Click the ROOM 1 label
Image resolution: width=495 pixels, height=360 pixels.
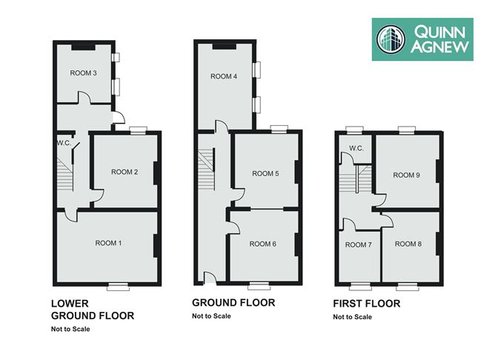(108, 243)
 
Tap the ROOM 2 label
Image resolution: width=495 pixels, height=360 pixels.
(124, 172)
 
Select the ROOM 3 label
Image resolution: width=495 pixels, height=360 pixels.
(83, 73)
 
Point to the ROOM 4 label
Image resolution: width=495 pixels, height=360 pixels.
(224, 76)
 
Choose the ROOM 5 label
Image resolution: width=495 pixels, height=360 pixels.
(265, 173)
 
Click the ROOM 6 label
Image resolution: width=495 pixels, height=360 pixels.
(262, 244)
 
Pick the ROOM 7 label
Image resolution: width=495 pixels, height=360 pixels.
(359, 245)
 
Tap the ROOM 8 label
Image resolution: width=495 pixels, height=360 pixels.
(408, 244)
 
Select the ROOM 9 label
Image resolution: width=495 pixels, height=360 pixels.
(406, 175)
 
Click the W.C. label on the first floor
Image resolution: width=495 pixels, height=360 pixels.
(356, 148)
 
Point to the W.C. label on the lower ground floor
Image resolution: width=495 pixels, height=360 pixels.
(64, 143)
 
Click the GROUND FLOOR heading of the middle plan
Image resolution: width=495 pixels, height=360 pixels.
(233, 302)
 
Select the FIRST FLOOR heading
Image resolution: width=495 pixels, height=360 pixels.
(367, 304)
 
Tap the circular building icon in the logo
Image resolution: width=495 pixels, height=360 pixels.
(391, 39)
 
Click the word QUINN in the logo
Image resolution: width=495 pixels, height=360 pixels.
(439, 32)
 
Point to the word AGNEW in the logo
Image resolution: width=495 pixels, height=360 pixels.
(439, 47)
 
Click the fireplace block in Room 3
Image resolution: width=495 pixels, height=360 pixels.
(83, 47)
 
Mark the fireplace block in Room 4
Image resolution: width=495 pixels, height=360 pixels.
(225, 47)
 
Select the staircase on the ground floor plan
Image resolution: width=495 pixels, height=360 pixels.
(207, 170)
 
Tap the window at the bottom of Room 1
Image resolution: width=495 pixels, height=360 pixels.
(118, 287)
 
